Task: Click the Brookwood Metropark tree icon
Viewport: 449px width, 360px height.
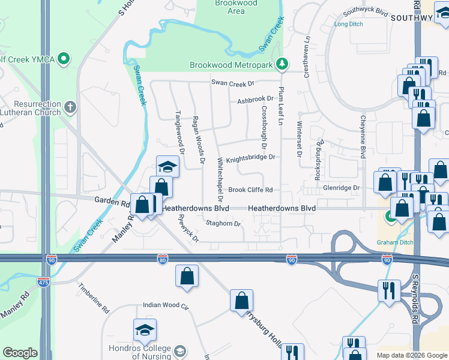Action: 281,64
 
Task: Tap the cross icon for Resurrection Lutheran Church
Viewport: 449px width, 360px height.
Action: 70,108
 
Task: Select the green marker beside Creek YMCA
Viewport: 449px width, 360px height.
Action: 64,59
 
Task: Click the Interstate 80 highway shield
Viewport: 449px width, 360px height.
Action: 163,259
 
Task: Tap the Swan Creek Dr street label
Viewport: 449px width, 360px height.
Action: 232,82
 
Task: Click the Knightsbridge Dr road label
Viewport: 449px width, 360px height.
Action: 250,157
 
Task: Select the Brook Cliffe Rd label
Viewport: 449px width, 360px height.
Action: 250,190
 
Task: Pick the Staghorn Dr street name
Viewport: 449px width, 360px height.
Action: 223,224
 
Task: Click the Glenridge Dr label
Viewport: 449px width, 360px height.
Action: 340,188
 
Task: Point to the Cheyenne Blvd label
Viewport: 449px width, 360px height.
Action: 363,137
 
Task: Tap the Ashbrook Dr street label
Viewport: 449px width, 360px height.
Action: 255,100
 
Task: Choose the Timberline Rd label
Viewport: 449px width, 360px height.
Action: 93,298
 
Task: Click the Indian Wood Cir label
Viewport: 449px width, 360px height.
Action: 166,305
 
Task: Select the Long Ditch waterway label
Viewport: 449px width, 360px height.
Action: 349,24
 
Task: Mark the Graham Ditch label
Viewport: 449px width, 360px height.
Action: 395,242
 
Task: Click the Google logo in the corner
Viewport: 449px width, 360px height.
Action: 20,353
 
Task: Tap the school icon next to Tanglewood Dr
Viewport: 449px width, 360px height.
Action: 168,167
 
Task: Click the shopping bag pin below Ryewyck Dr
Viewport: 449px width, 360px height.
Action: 187,277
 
